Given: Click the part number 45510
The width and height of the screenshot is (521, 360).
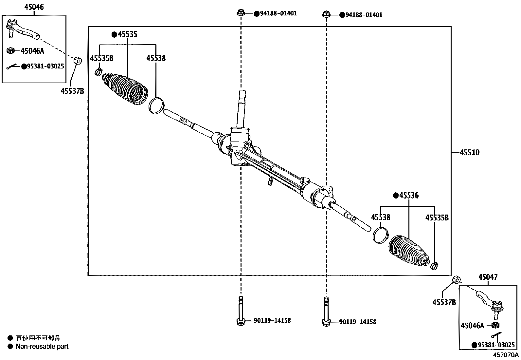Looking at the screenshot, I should pyautogui.click(x=470, y=153).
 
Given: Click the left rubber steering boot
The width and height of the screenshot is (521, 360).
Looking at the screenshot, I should pyautogui.click(x=126, y=89).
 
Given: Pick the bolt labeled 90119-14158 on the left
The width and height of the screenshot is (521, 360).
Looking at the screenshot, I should pyautogui.click(x=241, y=311).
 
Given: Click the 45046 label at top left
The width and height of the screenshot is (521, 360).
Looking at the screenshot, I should pyautogui.click(x=34, y=7).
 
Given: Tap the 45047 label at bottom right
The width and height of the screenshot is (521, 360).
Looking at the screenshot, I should pyautogui.click(x=488, y=277).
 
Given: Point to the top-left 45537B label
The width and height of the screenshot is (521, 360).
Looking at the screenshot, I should pyautogui.click(x=72, y=91).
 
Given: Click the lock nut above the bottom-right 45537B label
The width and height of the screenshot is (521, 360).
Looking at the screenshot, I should pyautogui.click(x=457, y=280).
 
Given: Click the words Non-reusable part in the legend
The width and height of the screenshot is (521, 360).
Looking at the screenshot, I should pyautogui.click(x=42, y=347).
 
